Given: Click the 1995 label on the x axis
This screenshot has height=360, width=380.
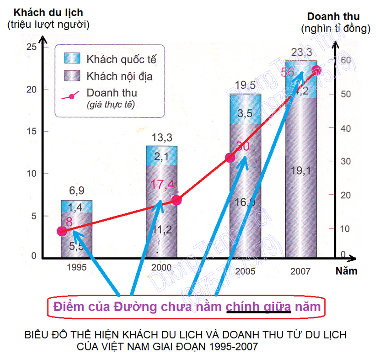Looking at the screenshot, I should pyautogui.click(x=76, y=268).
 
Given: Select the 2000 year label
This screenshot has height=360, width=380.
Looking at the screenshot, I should pyautogui.click(x=161, y=267).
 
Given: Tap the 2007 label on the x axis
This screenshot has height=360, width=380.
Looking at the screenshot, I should pyautogui.click(x=300, y=271).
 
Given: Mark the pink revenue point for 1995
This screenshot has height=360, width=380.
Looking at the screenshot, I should pyautogui.click(x=62, y=231).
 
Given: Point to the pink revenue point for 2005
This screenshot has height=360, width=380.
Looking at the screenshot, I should pyautogui.click(x=230, y=158).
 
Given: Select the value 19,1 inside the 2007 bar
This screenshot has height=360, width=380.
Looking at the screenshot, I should pyautogui.click(x=300, y=171).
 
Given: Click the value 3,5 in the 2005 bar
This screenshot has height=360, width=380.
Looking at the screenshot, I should pyautogui.click(x=246, y=114).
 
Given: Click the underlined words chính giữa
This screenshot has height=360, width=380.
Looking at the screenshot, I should pyautogui.click(x=258, y=306).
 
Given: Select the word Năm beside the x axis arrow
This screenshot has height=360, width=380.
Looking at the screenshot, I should pyautogui.click(x=346, y=271).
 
